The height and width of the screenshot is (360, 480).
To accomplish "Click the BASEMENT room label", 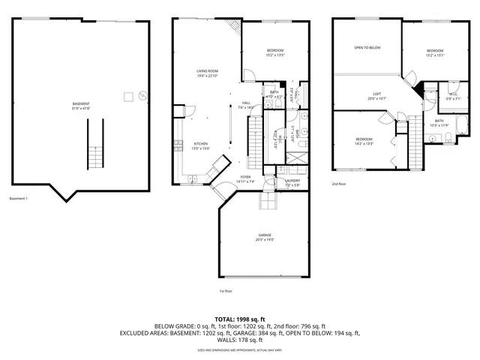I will click(x=81, y=105).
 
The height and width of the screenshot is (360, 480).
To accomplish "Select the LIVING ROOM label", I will click(x=206, y=73).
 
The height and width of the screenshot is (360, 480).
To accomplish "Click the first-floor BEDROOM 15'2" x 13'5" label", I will click(x=274, y=52).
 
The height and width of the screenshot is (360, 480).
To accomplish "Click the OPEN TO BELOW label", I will click(x=367, y=47).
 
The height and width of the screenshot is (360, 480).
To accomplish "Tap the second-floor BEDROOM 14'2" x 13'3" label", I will click(x=364, y=141).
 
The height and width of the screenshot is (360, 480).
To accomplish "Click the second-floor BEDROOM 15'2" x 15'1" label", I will click(x=435, y=52).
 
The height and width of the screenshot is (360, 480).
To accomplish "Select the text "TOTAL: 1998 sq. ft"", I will click(x=240, y=319).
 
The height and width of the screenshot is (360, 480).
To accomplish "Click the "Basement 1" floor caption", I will click(x=18, y=199).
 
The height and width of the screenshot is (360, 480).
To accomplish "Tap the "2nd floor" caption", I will click(x=340, y=184).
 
